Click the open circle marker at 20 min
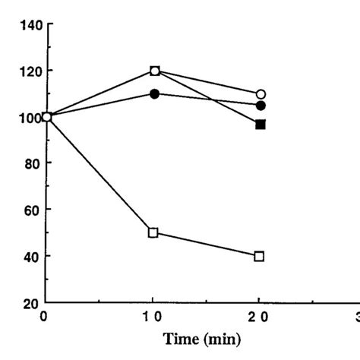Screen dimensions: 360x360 coord(261,94)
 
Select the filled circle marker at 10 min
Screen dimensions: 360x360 coord(155,94)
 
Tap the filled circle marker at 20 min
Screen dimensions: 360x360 coord(261,106)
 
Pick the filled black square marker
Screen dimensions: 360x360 coord(261,124)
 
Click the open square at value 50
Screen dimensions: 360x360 coord(153,232)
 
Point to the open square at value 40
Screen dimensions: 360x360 coord(260,256)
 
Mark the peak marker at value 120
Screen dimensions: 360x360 coord(155,71)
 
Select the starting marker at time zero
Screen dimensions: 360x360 coord(47,117)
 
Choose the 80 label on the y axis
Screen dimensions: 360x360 coord(33,163)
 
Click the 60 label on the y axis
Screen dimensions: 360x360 coord(33,210)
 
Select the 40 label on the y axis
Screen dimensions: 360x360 coord(33,256)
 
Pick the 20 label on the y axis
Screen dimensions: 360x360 coord(33,302)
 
